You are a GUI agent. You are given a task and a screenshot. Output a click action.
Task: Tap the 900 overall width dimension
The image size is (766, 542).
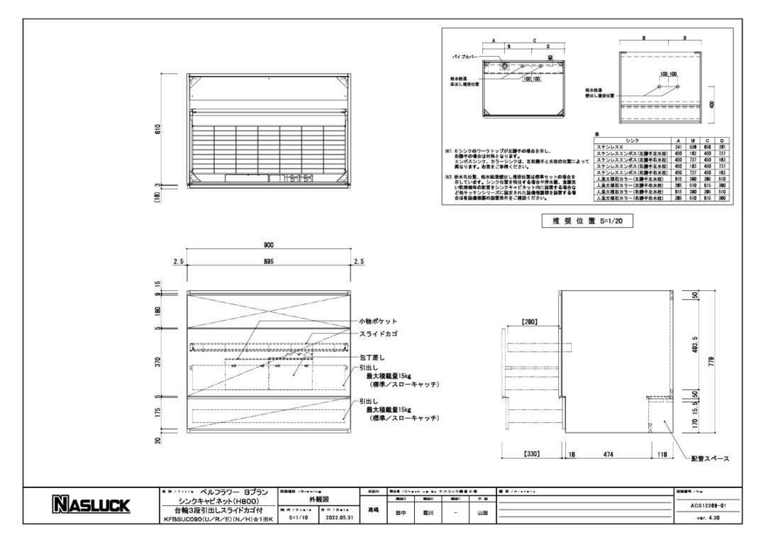coord(269,245)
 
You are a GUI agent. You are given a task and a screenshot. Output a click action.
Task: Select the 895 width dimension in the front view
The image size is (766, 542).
coord(269,262)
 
